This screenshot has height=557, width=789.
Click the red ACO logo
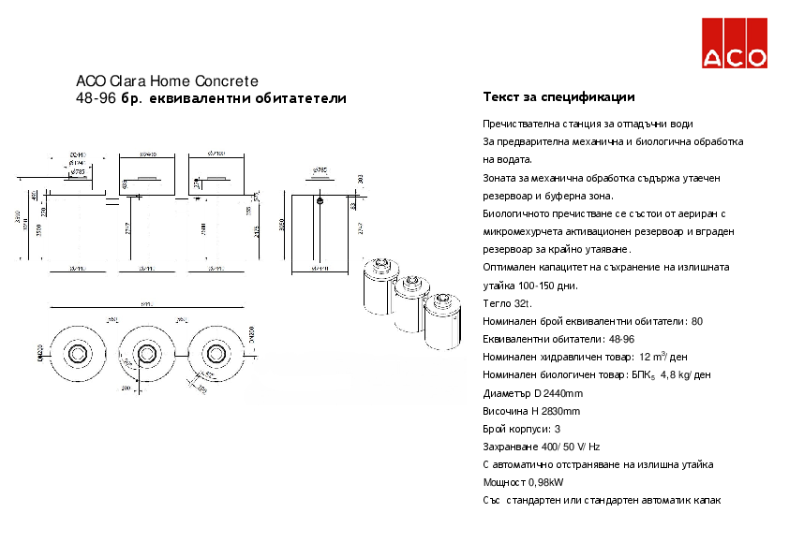coord(735,43)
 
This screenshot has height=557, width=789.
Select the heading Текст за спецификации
coord(558,96)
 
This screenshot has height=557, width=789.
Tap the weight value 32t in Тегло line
coord(522,303)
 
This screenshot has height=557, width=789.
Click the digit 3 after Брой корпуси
coord(558,429)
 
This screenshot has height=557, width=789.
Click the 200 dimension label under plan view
coord(125,387)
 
